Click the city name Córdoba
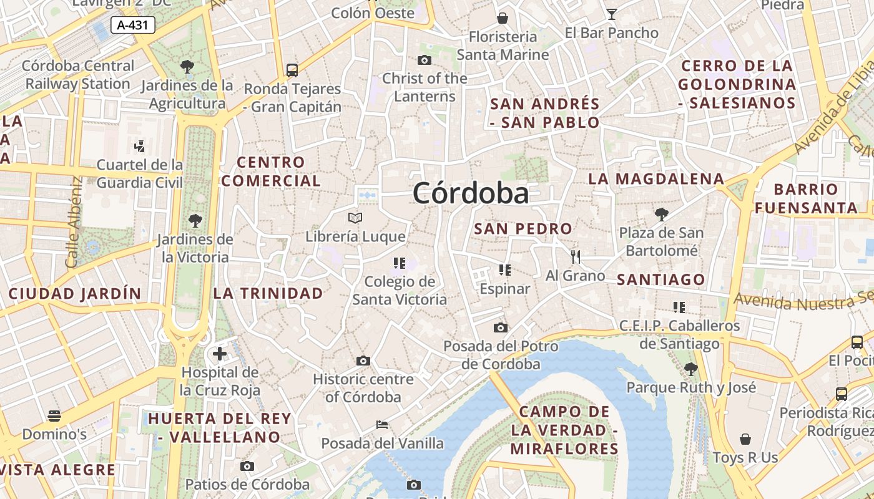471,193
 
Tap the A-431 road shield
132,25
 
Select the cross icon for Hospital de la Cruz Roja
220,354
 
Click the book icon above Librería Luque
355,218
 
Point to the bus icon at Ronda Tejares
292,70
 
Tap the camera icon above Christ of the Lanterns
425,60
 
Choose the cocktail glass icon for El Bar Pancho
611,14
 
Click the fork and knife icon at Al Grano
576,256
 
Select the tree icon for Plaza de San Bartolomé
662,215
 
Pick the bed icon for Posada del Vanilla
382,425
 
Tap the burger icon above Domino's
54,415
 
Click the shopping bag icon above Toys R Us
745,439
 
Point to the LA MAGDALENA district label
656,179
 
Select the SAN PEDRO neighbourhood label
523,229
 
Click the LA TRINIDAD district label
268,293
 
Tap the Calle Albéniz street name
74,222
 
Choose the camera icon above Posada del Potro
500,327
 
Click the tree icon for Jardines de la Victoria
195,220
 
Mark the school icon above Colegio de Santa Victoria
400,263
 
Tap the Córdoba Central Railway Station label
78,74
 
